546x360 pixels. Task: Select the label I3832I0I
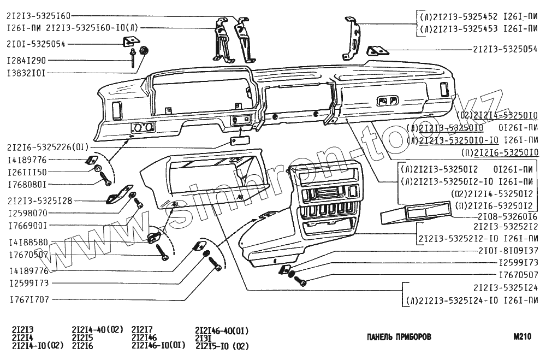pos(26,72)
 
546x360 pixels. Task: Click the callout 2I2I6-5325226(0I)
pos(47,146)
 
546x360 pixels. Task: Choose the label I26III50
pos(27,172)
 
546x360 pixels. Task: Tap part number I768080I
pos(27,184)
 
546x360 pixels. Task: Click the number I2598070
pos(27,213)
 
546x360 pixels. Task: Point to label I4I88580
pos(27,241)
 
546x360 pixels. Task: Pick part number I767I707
pos(27,299)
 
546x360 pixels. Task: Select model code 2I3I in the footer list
pos(204,338)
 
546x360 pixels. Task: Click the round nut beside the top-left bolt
pos(145,51)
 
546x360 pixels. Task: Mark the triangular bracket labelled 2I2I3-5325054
pos(377,51)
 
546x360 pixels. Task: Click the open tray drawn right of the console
pos(407,215)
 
